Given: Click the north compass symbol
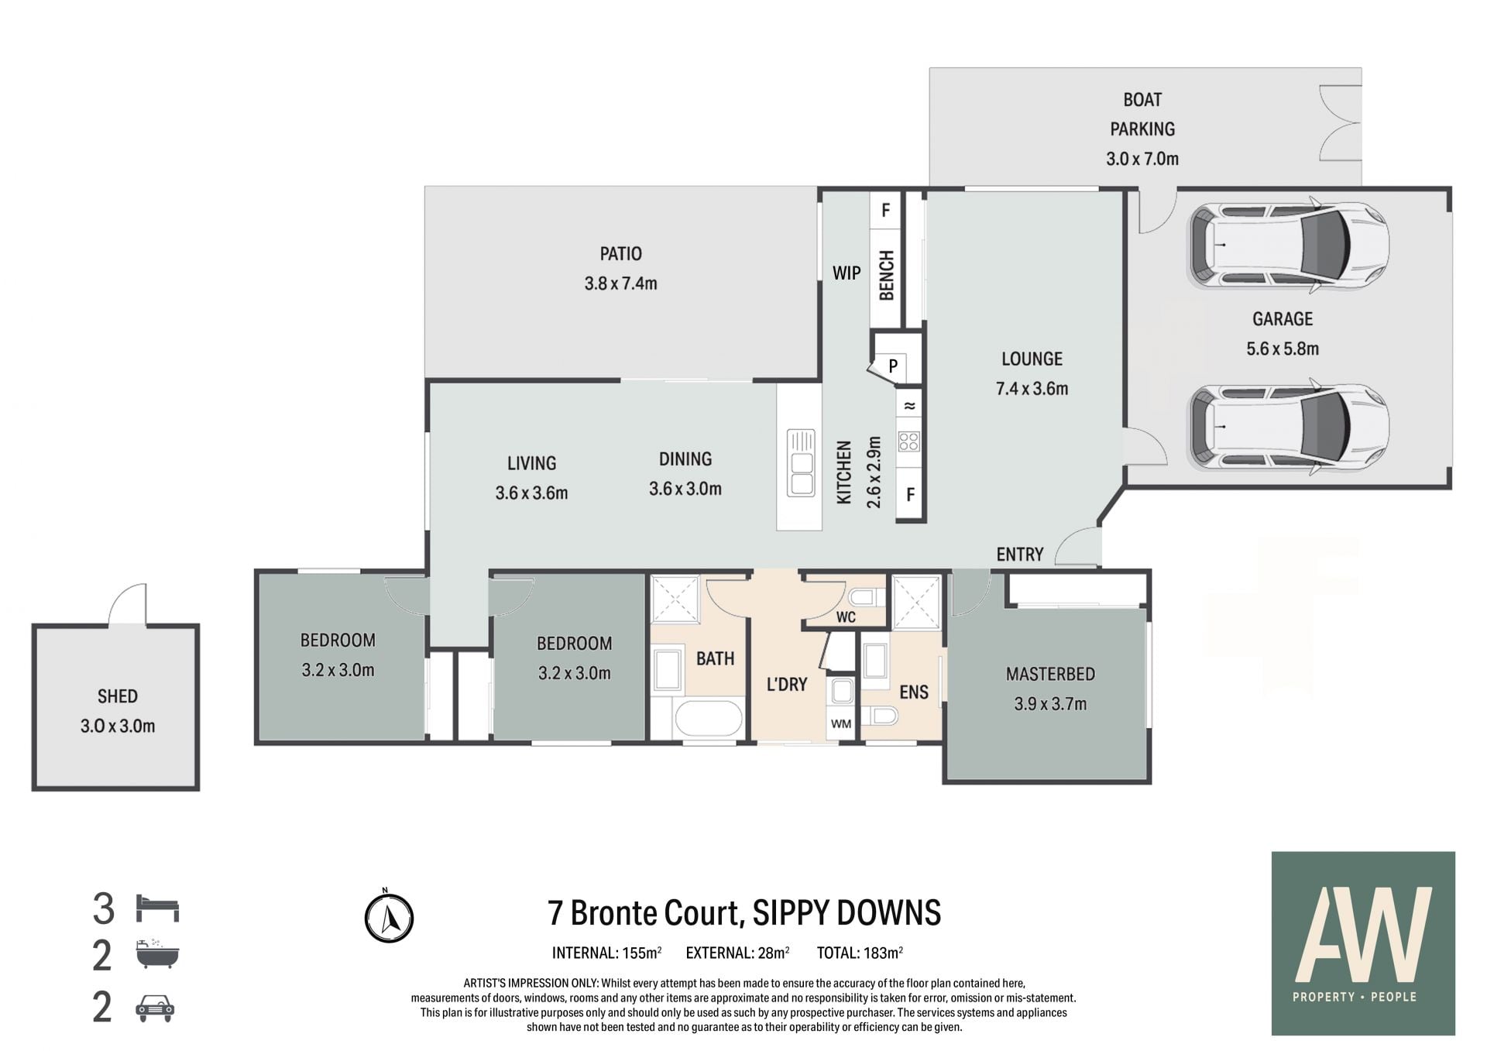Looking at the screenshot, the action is [389, 917].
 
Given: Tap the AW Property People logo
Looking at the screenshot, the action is [1363, 943].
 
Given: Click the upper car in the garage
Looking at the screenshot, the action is [1288, 245].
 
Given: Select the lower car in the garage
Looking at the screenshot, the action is [1288, 427].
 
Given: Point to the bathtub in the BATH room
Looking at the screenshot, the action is [709, 719].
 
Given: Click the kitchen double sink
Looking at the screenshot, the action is [801, 462].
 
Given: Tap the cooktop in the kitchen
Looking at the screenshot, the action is [908, 442].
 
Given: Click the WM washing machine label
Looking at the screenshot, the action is [841, 724].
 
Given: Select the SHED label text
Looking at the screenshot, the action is [118, 696].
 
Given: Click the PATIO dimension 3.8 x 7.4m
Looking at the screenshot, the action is [621, 283].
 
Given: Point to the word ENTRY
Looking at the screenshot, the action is [1020, 555].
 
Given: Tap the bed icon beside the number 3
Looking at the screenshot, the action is [157, 908].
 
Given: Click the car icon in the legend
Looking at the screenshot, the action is [155, 1008].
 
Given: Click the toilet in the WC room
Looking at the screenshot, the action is [867, 597].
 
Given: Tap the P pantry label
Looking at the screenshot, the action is [893, 366].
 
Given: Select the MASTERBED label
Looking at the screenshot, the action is [1051, 674].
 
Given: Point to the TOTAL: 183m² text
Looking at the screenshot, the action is [860, 953].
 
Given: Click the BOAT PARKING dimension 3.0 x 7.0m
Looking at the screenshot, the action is [1142, 159].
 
